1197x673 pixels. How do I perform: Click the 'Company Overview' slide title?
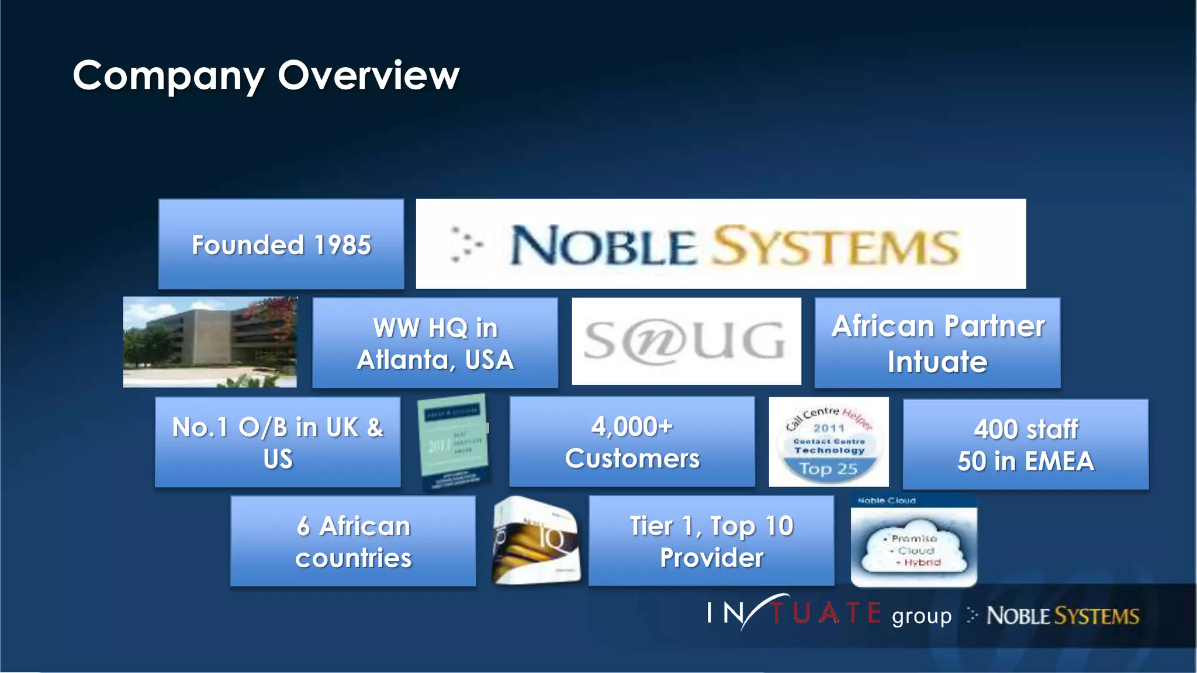[266, 75]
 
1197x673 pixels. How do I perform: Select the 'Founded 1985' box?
[281, 244]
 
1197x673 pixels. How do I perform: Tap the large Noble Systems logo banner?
[721, 244]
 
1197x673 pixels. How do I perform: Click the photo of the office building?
[210, 342]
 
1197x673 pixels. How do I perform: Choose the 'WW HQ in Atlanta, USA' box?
[435, 343]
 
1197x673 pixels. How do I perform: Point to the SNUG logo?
[686, 341]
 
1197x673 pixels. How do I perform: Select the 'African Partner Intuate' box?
[937, 343]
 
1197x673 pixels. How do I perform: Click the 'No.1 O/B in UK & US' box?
[278, 442]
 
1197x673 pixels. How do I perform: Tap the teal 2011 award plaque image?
[455, 442]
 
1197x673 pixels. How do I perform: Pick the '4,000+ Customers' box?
[632, 442]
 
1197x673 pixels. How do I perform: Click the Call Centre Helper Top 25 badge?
[829, 442]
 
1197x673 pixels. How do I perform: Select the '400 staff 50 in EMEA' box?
[1025, 445]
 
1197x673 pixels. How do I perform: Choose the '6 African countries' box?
[353, 542]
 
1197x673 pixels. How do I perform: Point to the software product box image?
[536, 540]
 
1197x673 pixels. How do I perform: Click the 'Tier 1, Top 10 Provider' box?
[711, 541]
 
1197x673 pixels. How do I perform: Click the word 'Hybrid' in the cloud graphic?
[922, 563]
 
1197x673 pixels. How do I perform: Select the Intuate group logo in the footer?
[828, 614]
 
